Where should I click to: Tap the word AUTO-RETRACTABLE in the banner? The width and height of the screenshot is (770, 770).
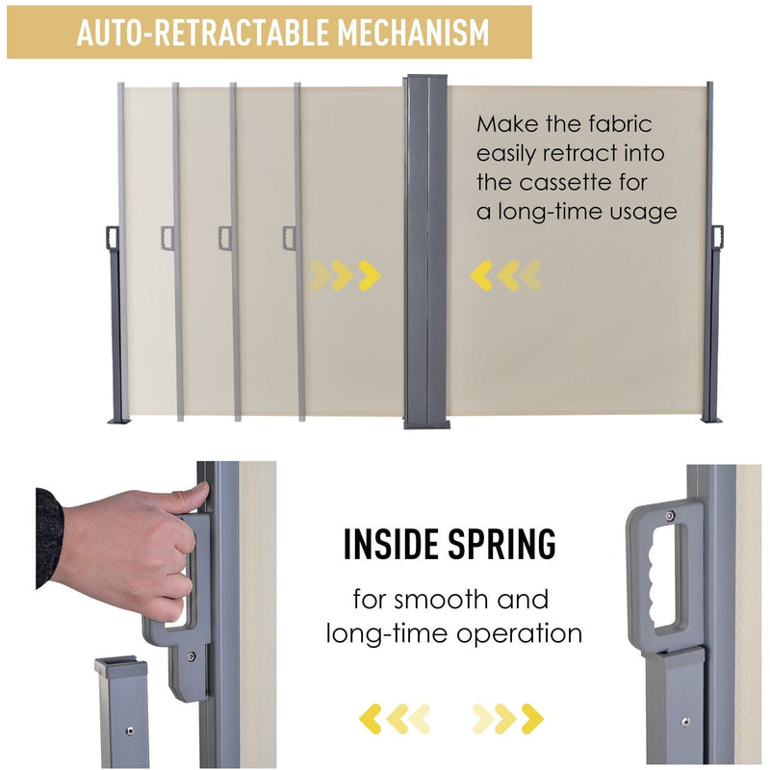203,33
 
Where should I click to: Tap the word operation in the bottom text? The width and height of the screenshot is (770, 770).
519,634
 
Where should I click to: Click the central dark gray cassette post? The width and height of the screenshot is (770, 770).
425,252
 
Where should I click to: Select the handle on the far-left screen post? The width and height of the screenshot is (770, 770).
113,238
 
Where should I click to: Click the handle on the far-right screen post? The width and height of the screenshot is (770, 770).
717,238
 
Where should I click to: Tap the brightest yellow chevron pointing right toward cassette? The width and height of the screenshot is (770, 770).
370,275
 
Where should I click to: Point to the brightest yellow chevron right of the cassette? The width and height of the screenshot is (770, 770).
481,275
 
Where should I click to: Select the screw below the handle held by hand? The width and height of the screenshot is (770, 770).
191,656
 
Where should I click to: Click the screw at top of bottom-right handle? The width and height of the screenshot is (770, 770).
669,515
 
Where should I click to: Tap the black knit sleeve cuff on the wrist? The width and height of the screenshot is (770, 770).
49,538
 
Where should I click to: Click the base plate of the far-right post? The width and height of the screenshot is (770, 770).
711,421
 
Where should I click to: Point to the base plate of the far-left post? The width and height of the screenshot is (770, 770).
118,421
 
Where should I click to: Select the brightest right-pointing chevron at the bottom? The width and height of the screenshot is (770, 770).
532,718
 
